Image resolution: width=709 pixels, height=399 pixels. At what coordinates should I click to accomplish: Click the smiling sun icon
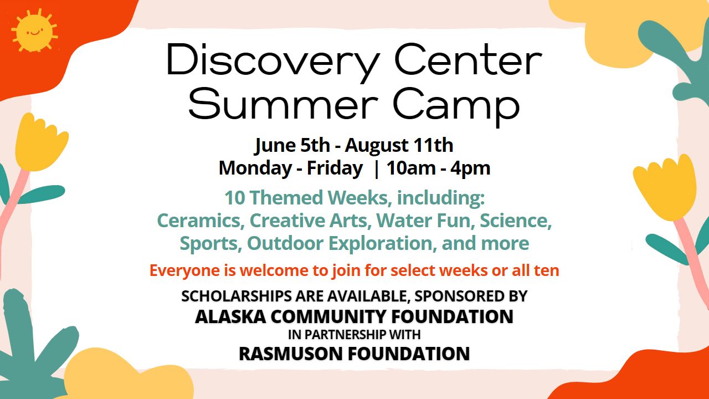pos(34,31)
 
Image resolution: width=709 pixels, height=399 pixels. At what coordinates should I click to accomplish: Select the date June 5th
pos(292,145)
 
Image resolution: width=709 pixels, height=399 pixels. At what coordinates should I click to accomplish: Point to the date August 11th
pos(399,145)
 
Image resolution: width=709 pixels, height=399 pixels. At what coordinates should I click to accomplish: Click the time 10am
pos(411,168)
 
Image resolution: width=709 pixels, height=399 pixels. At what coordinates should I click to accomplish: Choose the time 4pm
pos(471,168)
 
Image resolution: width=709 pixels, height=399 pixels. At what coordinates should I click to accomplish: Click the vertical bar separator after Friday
pos(376,169)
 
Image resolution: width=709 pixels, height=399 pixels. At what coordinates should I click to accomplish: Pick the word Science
pos(516,221)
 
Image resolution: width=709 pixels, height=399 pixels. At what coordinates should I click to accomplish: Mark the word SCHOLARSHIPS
pos(237,296)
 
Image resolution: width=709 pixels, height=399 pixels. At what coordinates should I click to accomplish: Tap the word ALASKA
pos(230,316)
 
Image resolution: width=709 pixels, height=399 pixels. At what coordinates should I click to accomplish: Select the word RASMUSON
pos(291,354)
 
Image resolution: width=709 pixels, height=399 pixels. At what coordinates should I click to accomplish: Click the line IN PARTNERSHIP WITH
pos(354,334)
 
